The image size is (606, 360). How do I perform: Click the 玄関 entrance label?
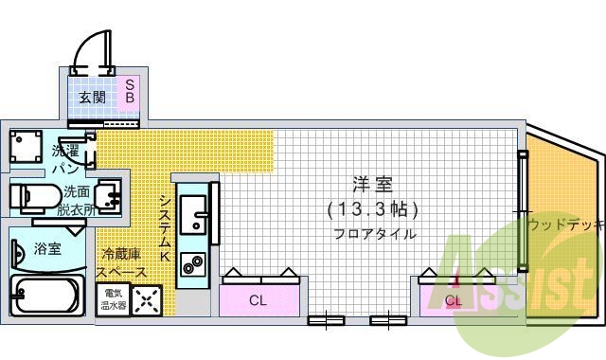tap(92, 98)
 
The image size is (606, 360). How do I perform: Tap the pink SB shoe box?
tap(130, 91)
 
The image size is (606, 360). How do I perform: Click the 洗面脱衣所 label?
tap(77, 200)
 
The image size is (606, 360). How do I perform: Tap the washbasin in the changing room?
tap(111, 197)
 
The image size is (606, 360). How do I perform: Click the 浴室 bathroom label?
tap(47, 249)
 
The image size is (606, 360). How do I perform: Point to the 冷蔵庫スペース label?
tap(124, 263)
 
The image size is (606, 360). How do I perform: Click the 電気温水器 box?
tap(114, 299)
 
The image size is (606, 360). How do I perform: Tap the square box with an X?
tap(148, 300)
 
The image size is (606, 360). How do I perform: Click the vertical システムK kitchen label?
tap(164, 227)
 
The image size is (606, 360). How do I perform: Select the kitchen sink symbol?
tap(195, 214)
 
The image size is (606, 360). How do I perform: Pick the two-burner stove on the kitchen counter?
tap(195, 262)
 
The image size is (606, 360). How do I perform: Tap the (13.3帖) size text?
tap(372, 208)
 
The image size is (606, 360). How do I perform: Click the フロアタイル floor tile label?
tap(373, 233)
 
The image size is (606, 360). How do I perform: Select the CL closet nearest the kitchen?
tap(257, 300)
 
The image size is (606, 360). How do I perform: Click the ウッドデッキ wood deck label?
tap(565, 225)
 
